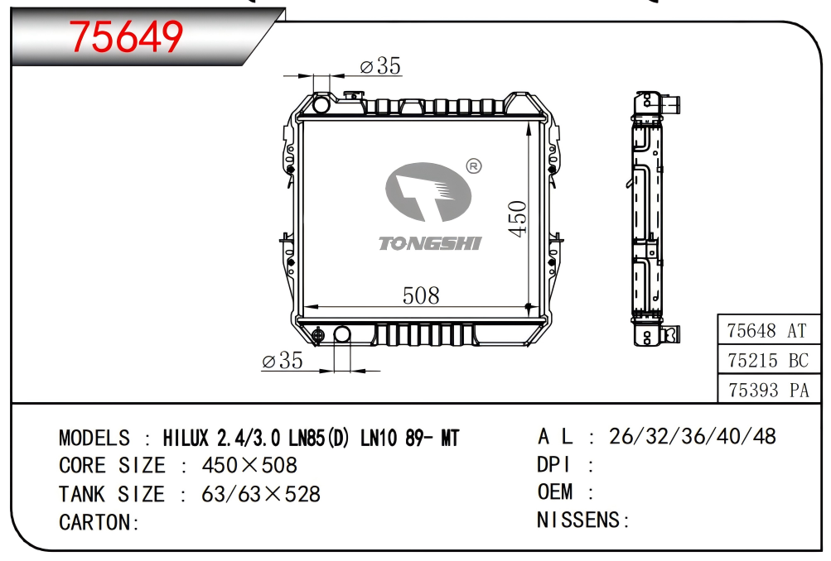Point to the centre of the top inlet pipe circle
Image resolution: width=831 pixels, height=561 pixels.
pos(321,104)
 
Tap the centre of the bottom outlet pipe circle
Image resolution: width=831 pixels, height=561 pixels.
pos(342,334)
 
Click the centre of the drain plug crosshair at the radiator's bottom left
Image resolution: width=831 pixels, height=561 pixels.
pos(317,335)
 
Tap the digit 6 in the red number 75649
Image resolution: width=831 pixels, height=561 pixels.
pos(126,36)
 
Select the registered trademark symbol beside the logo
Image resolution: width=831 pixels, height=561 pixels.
pos(473,166)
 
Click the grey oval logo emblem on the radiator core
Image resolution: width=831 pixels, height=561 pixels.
pos(428,192)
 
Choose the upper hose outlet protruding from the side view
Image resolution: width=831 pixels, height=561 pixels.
pos(670,103)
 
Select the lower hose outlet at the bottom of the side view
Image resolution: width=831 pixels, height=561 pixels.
pos(670,334)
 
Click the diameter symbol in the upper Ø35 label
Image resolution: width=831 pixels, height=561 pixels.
pos(366,67)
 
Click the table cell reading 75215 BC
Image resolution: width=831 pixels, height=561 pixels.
pos(769,361)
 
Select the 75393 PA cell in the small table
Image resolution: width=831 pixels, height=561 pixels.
pos(769,390)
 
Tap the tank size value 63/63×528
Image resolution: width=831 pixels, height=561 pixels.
pos(261,494)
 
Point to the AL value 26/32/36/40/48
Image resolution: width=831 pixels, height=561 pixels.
pos(692,437)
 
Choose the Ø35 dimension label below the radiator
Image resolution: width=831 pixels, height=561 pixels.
pos(283,361)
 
